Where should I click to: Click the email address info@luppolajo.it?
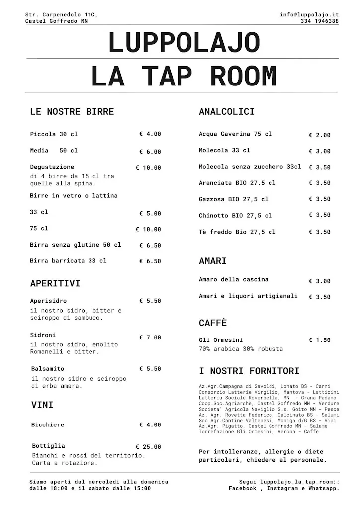309,15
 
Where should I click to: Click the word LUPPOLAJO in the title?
183,44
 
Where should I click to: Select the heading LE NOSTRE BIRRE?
72,112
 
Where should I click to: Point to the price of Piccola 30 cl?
150,134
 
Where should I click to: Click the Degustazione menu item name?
52,167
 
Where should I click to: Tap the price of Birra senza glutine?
150,246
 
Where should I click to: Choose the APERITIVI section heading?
55,284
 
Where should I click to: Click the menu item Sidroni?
43,335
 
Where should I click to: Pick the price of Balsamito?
150,369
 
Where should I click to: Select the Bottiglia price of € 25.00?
148,447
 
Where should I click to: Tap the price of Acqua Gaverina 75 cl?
319,135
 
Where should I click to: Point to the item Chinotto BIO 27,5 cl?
235,216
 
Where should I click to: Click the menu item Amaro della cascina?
233,279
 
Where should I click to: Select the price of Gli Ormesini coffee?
319,340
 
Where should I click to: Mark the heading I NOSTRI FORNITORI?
249,371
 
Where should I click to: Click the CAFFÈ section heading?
212,323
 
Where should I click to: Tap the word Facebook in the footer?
246,489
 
